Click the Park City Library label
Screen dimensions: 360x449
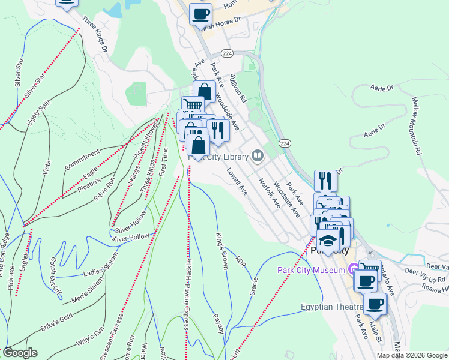[219, 157]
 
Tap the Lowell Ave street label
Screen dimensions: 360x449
[237, 181]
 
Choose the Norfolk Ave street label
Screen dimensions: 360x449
[270, 193]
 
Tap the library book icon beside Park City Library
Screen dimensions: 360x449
[258, 157]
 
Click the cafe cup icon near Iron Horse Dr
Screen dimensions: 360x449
[201, 13]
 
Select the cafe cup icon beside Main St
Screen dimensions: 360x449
[375, 304]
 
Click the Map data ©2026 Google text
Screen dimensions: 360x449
[412, 355]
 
